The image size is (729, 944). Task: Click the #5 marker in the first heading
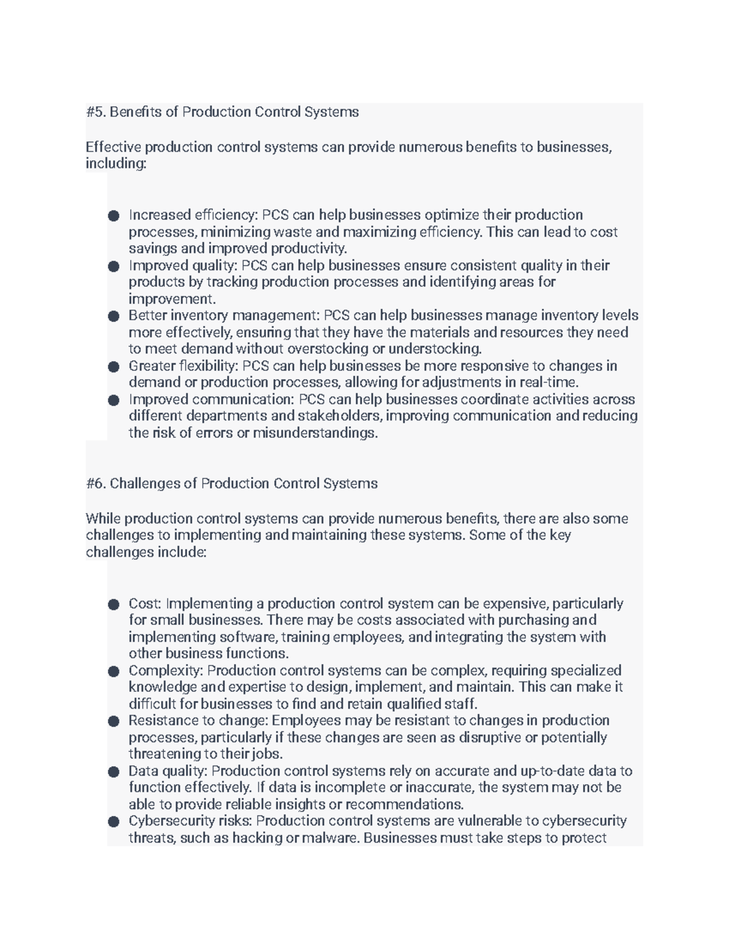[95, 112]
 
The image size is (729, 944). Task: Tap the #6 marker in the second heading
[95, 484]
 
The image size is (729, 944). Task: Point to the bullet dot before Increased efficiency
[114, 216]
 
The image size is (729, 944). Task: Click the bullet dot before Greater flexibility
[114, 367]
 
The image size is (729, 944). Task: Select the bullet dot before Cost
[114, 604]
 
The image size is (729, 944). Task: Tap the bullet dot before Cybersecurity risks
[114, 822]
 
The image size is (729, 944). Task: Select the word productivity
[309, 249]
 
